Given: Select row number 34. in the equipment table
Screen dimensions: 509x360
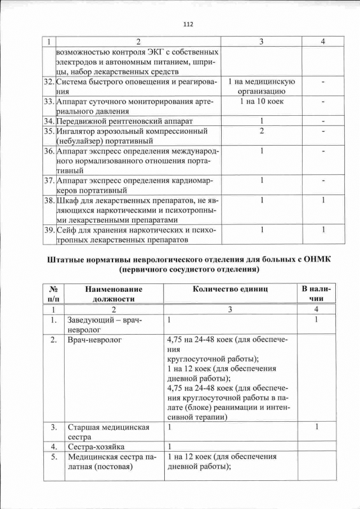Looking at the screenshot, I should pyautogui.click(x=49, y=121).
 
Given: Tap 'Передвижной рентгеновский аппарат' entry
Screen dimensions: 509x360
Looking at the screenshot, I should pyautogui.click(x=124, y=121).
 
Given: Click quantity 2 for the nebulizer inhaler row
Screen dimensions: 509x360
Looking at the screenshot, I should pyautogui.click(x=262, y=131).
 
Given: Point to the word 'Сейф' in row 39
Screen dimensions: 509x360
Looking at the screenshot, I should pyautogui.click(x=67, y=230).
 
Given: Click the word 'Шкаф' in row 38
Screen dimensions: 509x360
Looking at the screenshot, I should pyautogui.click(x=69, y=200).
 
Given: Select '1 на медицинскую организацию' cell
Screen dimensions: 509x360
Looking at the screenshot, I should pyautogui.click(x=262, y=86).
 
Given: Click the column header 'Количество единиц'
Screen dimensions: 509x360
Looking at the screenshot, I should pyautogui.click(x=230, y=289).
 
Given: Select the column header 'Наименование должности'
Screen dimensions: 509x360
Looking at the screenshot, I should pyautogui.click(x=114, y=294).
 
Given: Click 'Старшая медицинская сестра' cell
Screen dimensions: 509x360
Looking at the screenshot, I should pyautogui.click(x=108, y=432).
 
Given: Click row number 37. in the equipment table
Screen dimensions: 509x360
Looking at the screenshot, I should pyautogui.click(x=49, y=181).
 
